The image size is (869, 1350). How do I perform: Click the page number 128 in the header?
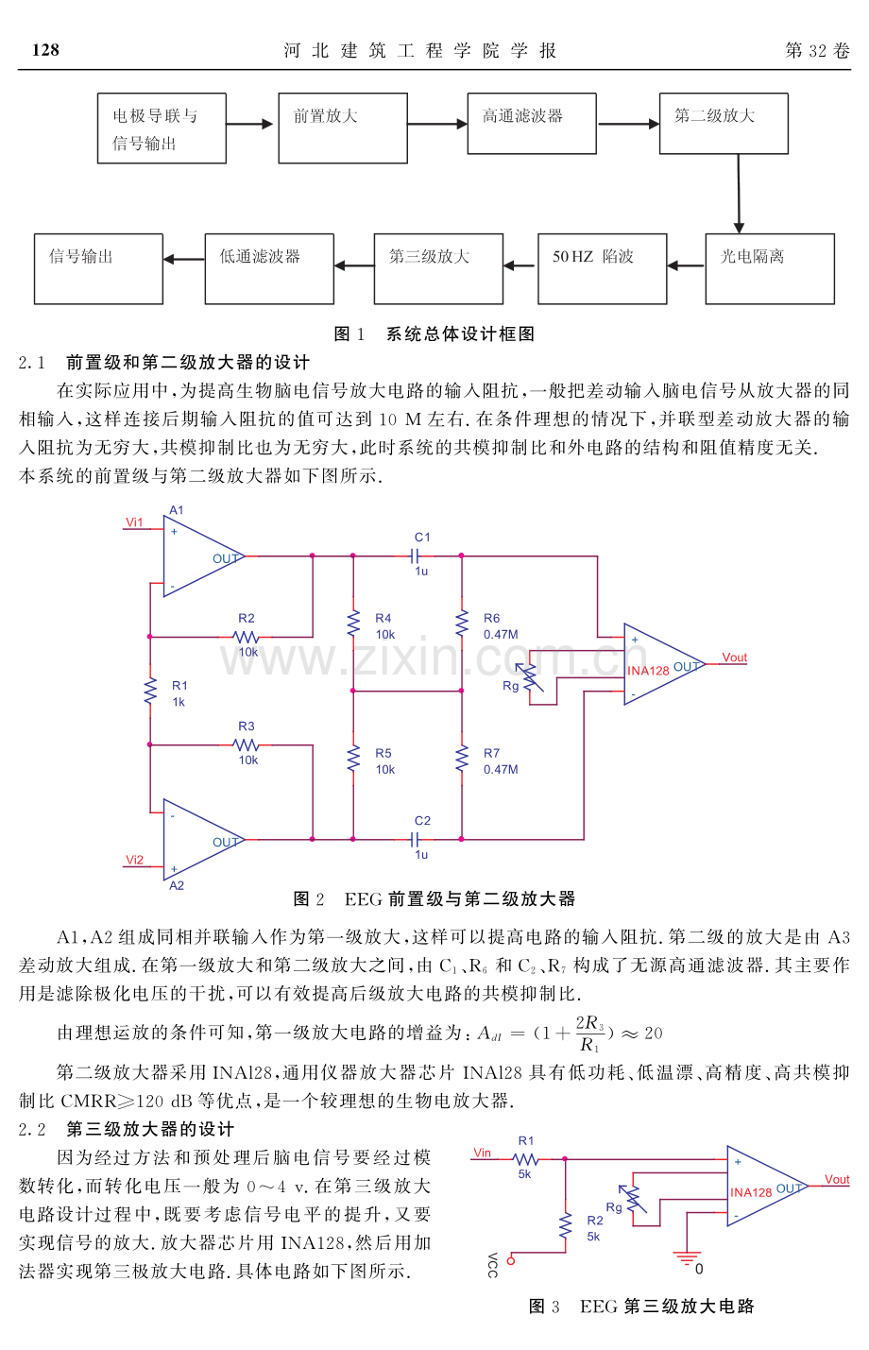(x=45, y=51)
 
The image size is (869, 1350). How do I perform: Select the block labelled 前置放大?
(x=343, y=128)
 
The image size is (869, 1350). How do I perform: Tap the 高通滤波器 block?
(x=532, y=123)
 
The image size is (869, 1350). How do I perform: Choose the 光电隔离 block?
(x=770, y=268)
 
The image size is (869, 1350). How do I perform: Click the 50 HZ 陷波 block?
(x=602, y=268)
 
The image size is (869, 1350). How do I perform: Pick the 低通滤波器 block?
(x=269, y=268)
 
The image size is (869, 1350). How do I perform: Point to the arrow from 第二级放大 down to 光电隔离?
(x=739, y=194)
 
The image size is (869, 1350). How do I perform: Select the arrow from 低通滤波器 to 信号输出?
(x=184, y=259)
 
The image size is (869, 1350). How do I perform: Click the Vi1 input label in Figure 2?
(x=135, y=522)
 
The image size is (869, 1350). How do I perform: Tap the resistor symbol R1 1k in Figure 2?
(x=150, y=692)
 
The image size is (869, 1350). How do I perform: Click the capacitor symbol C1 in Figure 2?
(x=416, y=556)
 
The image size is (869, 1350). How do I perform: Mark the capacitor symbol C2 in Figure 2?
(x=416, y=839)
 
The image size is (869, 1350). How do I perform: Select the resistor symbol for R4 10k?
(x=353, y=624)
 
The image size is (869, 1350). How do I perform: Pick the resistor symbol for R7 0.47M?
(x=462, y=760)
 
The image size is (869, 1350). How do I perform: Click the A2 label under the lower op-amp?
(x=177, y=886)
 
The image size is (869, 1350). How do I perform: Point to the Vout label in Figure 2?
(x=734, y=658)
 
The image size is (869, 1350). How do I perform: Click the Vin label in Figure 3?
(x=483, y=1153)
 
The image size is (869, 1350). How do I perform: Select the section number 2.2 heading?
(x=32, y=1130)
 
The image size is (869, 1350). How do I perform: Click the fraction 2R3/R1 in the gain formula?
(x=589, y=1034)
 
